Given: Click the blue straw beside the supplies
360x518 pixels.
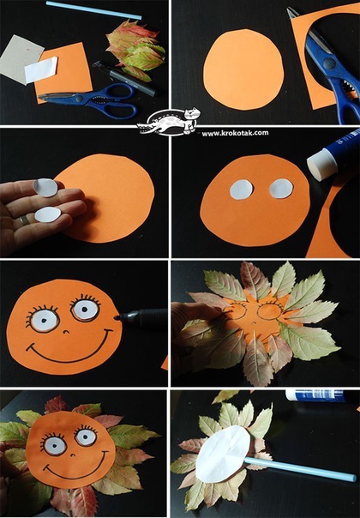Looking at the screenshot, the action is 93,10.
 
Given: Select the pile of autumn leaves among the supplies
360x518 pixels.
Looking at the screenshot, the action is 135,50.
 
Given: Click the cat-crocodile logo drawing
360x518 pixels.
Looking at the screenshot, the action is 169,123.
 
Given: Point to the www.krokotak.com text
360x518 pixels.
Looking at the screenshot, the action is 235,133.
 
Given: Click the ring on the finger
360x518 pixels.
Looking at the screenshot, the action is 24,220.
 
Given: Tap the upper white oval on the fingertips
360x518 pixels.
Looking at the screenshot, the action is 45,187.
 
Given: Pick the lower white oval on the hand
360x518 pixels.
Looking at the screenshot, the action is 48,214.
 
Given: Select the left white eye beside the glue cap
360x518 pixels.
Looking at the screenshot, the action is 241,190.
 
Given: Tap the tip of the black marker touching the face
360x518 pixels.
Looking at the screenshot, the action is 117,318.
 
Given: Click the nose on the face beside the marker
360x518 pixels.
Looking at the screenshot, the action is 66,331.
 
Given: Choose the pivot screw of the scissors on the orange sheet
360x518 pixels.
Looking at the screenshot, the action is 78,99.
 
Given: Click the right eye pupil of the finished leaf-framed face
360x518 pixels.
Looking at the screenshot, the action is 85,437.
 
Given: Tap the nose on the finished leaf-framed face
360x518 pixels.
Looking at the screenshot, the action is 73,455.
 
